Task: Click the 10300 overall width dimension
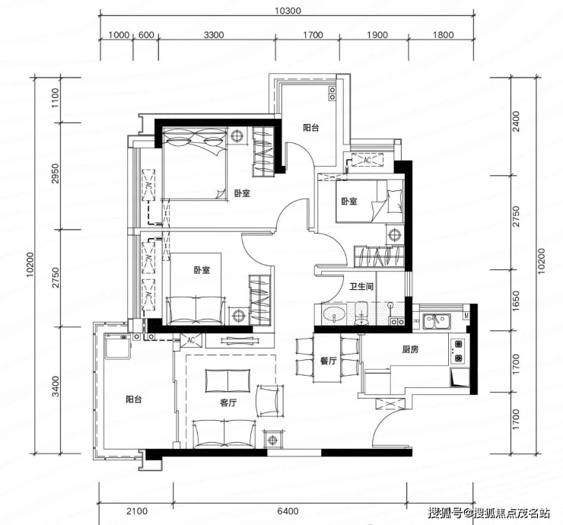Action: [x=288, y=11]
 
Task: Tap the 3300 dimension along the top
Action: [x=214, y=35]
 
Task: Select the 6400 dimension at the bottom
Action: [x=288, y=511]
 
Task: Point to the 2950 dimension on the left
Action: [x=55, y=173]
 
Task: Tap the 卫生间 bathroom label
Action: [x=361, y=286]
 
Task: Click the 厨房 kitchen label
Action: [x=410, y=349]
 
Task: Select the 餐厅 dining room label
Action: [x=328, y=361]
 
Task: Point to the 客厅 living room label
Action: [x=228, y=402]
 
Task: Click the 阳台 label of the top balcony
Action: [x=311, y=128]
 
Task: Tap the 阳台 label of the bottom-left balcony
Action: [x=134, y=399]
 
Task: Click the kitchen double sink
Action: [x=437, y=321]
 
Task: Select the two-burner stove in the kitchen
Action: [x=459, y=351]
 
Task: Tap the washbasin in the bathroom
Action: [x=333, y=314]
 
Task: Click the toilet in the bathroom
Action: [x=361, y=313]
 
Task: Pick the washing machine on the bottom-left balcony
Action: [x=117, y=345]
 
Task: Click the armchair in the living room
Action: [x=268, y=400]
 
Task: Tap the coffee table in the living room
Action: [x=228, y=380]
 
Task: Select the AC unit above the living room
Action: [x=191, y=340]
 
